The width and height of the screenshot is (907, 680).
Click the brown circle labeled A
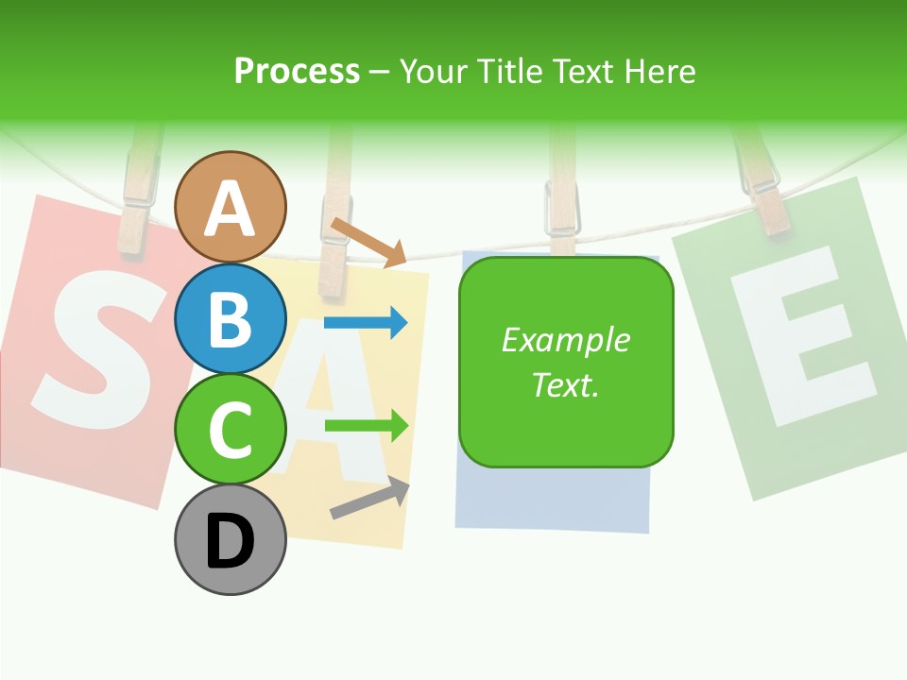tap(231, 207)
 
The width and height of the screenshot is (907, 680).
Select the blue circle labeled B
tap(231, 318)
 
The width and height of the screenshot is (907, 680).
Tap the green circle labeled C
tap(231, 429)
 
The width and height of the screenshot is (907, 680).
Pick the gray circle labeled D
tap(231, 540)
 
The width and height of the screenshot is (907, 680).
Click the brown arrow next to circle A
tap(368, 242)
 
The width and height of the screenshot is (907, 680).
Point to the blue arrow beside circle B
tap(366, 323)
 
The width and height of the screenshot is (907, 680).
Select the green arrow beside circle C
tap(367, 425)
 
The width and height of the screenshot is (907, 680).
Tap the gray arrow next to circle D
tap(369, 498)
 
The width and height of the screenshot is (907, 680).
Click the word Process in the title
tap(297, 71)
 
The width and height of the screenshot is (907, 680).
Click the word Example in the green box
tap(566, 340)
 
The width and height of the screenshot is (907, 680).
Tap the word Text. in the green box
tap(566, 384)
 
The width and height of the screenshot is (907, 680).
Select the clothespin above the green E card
tap(763, 184)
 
